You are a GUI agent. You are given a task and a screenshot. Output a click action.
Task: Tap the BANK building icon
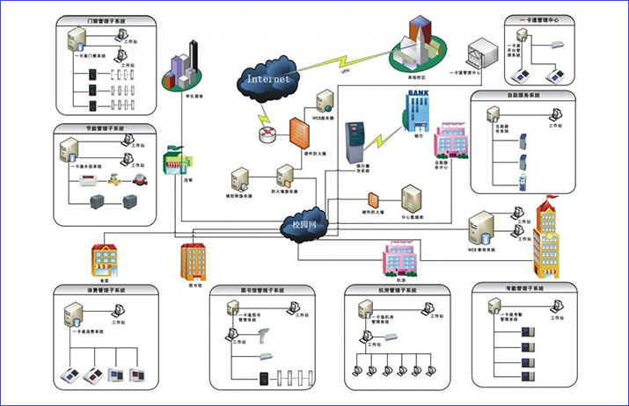coord(416,107)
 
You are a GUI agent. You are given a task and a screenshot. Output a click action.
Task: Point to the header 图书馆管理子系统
coord(262,290)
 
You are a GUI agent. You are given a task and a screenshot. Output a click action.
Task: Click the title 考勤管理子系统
coord(513,288)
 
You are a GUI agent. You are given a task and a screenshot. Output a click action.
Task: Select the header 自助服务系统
coord(523,95)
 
